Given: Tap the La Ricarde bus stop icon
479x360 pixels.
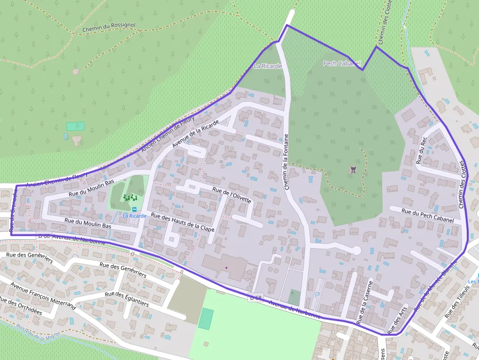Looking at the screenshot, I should point(134,209).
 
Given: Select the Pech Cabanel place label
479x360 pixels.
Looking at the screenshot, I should point(342,64).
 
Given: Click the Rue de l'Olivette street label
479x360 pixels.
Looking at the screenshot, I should point(232,194).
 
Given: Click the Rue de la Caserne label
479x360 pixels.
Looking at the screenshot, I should point(365,302).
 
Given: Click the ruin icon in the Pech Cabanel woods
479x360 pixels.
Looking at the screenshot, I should point(352,170).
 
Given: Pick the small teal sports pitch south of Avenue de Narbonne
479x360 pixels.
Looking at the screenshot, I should point(206,318).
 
